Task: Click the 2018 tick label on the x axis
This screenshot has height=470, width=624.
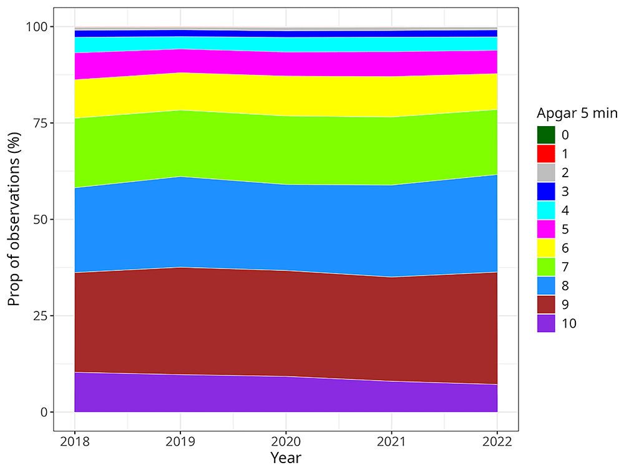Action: point(75,442)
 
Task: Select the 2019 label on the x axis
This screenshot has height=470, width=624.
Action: point(180,442)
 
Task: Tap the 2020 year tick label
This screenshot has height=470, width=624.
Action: point(286,442)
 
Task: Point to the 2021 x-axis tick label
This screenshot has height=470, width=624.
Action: point(391,442)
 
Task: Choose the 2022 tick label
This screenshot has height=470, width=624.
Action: point(497,442)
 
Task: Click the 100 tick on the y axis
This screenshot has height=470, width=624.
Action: point(36,27)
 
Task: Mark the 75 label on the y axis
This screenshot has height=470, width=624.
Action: point(39,123)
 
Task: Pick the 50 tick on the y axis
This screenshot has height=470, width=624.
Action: point(39,220)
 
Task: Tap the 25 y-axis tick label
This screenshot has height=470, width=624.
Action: point(39,316)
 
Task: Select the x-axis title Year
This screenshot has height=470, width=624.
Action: point(286,458)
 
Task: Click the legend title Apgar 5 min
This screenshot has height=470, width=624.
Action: point(577,113)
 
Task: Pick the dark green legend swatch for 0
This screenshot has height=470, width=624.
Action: point(546,134)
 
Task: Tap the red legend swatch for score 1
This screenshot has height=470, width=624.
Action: point(546,153)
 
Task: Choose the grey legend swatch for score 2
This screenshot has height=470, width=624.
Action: point(546,172)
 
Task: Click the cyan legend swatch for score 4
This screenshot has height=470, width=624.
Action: point(546,210)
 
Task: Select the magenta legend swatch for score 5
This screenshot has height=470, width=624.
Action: point(546,229)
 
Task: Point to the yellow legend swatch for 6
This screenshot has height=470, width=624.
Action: point(546,248)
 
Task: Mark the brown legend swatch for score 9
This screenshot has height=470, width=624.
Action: point(546,305)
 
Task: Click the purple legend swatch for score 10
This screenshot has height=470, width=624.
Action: point(546,323)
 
